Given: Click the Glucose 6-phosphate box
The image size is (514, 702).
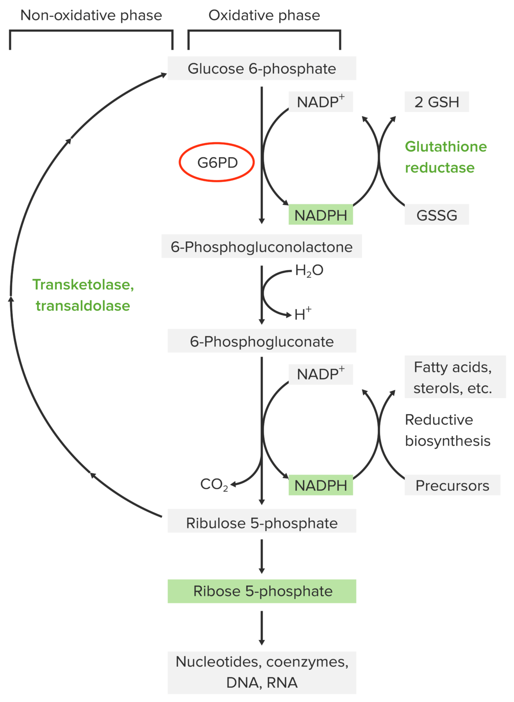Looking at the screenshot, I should (261, 69).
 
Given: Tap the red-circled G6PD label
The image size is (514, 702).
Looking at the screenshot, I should (217, 162).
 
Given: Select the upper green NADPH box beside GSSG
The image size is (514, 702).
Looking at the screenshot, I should (320, 215).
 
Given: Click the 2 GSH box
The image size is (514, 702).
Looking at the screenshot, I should (436, 102).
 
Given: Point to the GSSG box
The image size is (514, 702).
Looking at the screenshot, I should (436, 215).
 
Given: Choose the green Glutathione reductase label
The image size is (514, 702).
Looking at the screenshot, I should (445, 157).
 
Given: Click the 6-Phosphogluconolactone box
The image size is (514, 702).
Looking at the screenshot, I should (261, 247).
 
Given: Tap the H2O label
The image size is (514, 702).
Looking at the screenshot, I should (309, 271).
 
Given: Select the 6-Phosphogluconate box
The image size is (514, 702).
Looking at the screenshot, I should (261, 341).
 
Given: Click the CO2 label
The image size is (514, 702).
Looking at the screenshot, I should (214, 484).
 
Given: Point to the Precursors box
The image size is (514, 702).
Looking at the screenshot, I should (452, 485).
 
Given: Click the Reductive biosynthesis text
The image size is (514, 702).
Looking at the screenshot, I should (447, 430).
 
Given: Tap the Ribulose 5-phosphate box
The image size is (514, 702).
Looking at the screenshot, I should (261, 523).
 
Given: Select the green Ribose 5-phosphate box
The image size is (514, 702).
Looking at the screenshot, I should (261, 591).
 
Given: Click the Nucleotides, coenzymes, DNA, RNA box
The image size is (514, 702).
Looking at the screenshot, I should (261, 672).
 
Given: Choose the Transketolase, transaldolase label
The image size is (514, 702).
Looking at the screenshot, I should (83, 295).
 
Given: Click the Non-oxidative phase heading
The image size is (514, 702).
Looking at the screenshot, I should (91, 16).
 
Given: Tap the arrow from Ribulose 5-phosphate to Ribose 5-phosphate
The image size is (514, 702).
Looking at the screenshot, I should (261, 556).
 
